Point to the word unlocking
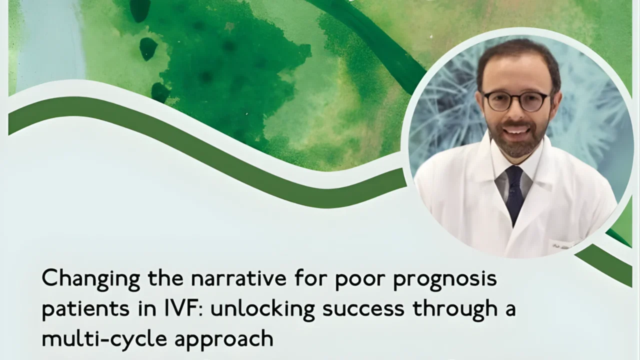tap(262, 309)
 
